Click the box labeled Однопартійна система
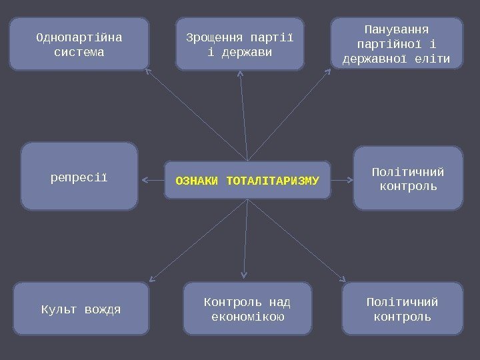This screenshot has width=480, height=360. click(x=79, y=44)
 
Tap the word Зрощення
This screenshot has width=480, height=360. click(x=213, y=36)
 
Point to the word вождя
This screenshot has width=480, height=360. click(x=103, y=309)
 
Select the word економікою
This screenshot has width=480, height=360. click(x=247, y=317)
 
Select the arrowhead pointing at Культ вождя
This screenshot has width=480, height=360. click(x=151, y=280)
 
